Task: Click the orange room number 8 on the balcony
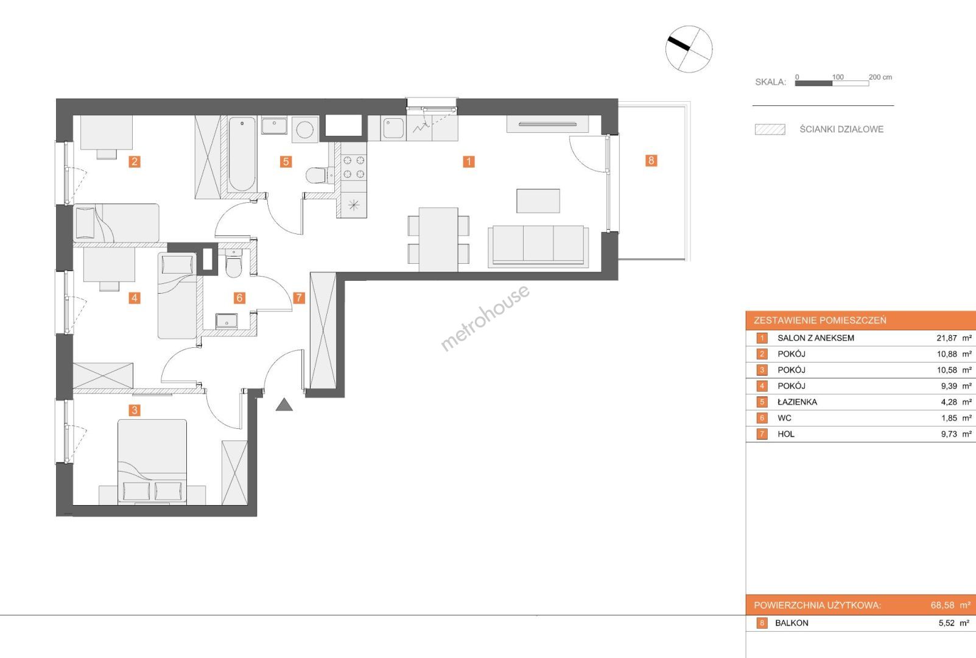click(651, 160)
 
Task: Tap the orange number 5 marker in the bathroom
click(286, 162)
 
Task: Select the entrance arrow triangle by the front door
click(284, 405)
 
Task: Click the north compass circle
click(689, 49)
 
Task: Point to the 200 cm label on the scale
click(880, 77)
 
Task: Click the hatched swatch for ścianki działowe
click(770, 130)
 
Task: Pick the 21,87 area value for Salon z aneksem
click(947, 338)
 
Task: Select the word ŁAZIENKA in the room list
click(798, 402)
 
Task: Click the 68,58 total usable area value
click(943, 605)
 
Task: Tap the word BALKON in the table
click(792, 623)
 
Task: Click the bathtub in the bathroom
click(242, 154)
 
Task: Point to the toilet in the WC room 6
click(234, 264)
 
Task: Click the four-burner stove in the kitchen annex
click(354, 168)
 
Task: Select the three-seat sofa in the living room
click(538, 246)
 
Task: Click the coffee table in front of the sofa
click(538, 201)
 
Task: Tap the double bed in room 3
click(152, 462)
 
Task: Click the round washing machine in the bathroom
click(304, 130)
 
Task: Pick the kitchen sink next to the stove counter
click(393, 128)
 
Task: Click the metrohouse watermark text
click(485, 317)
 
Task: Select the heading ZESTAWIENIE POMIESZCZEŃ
click(820, 320)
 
